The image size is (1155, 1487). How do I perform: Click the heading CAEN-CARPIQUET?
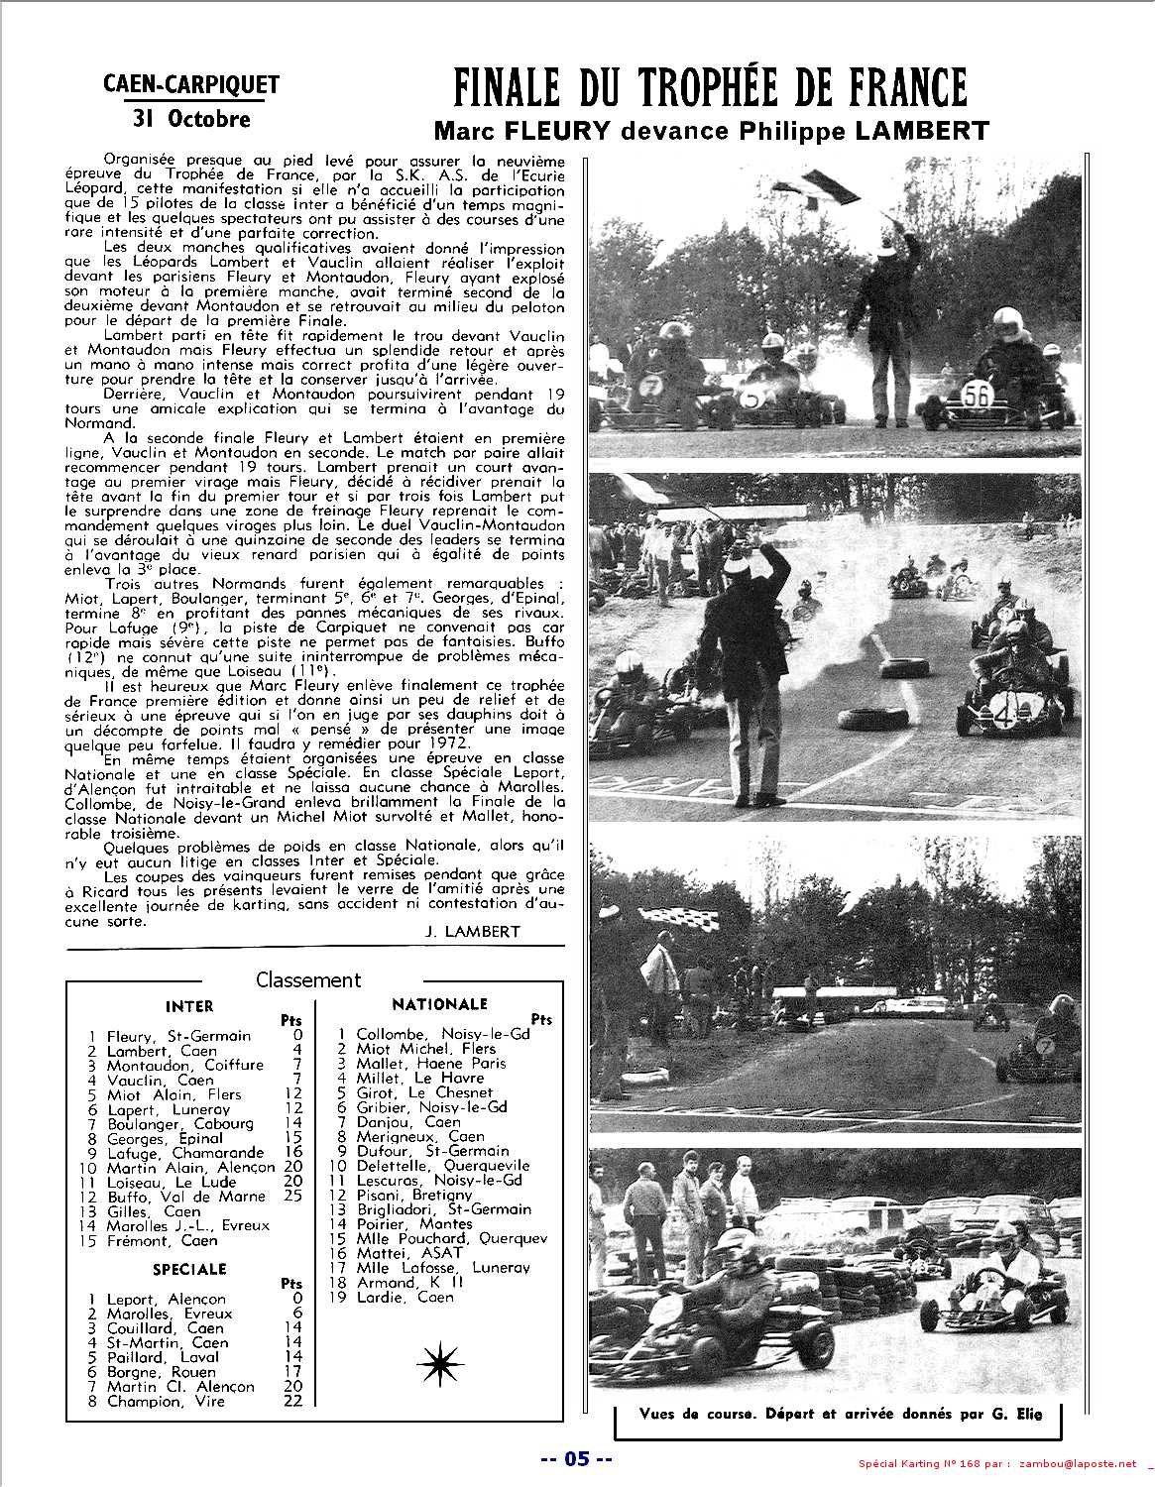coord(191,85)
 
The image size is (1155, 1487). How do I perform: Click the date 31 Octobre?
coord(191,119)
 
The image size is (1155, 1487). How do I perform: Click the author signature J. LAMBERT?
coord(464,931)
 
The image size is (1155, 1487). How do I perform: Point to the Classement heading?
coord(308,979)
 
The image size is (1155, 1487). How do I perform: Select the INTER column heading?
coord(189,1006)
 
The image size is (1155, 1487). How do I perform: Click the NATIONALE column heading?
coord(439,1004)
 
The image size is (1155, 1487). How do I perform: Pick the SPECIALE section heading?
coord(189,1269)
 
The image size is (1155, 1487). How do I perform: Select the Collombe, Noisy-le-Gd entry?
coord(442,1034)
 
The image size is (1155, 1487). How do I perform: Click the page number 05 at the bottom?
coord(577,1458)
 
